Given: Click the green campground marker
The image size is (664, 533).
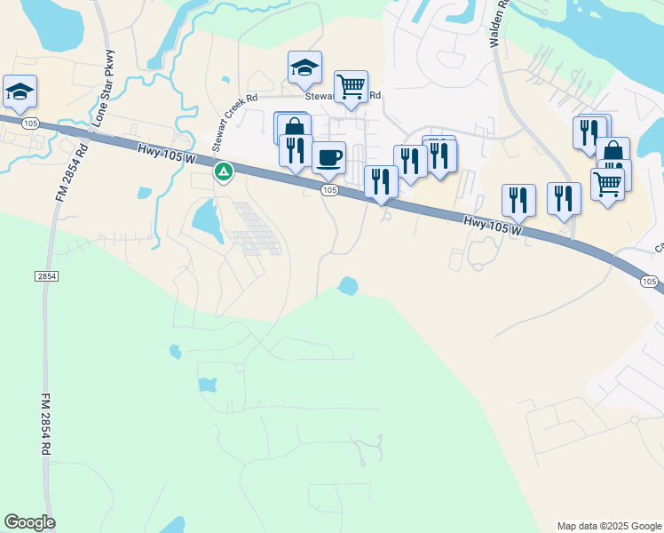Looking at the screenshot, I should tap(224, 170).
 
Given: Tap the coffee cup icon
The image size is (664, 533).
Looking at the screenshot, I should tap(329, 158).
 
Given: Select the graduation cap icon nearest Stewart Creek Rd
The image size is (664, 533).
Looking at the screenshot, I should tap(304, 67).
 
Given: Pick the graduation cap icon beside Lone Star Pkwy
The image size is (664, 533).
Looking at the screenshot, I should tap(20, 91).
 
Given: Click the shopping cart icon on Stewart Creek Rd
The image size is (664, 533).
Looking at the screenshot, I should tap(352, 87).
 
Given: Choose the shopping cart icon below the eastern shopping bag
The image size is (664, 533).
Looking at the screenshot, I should tap(607, 184).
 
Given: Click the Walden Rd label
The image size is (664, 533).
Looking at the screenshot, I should tap(500, 23).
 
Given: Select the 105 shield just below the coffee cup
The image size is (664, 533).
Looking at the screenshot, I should tap(329, 190).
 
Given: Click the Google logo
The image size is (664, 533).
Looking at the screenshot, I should tap(29, 522).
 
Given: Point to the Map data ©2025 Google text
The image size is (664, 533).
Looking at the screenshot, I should tap(609, 526).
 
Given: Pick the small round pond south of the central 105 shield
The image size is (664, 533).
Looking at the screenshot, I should tap(348, 285).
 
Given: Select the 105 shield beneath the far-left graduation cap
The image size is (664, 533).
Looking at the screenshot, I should tap(31, 122).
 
